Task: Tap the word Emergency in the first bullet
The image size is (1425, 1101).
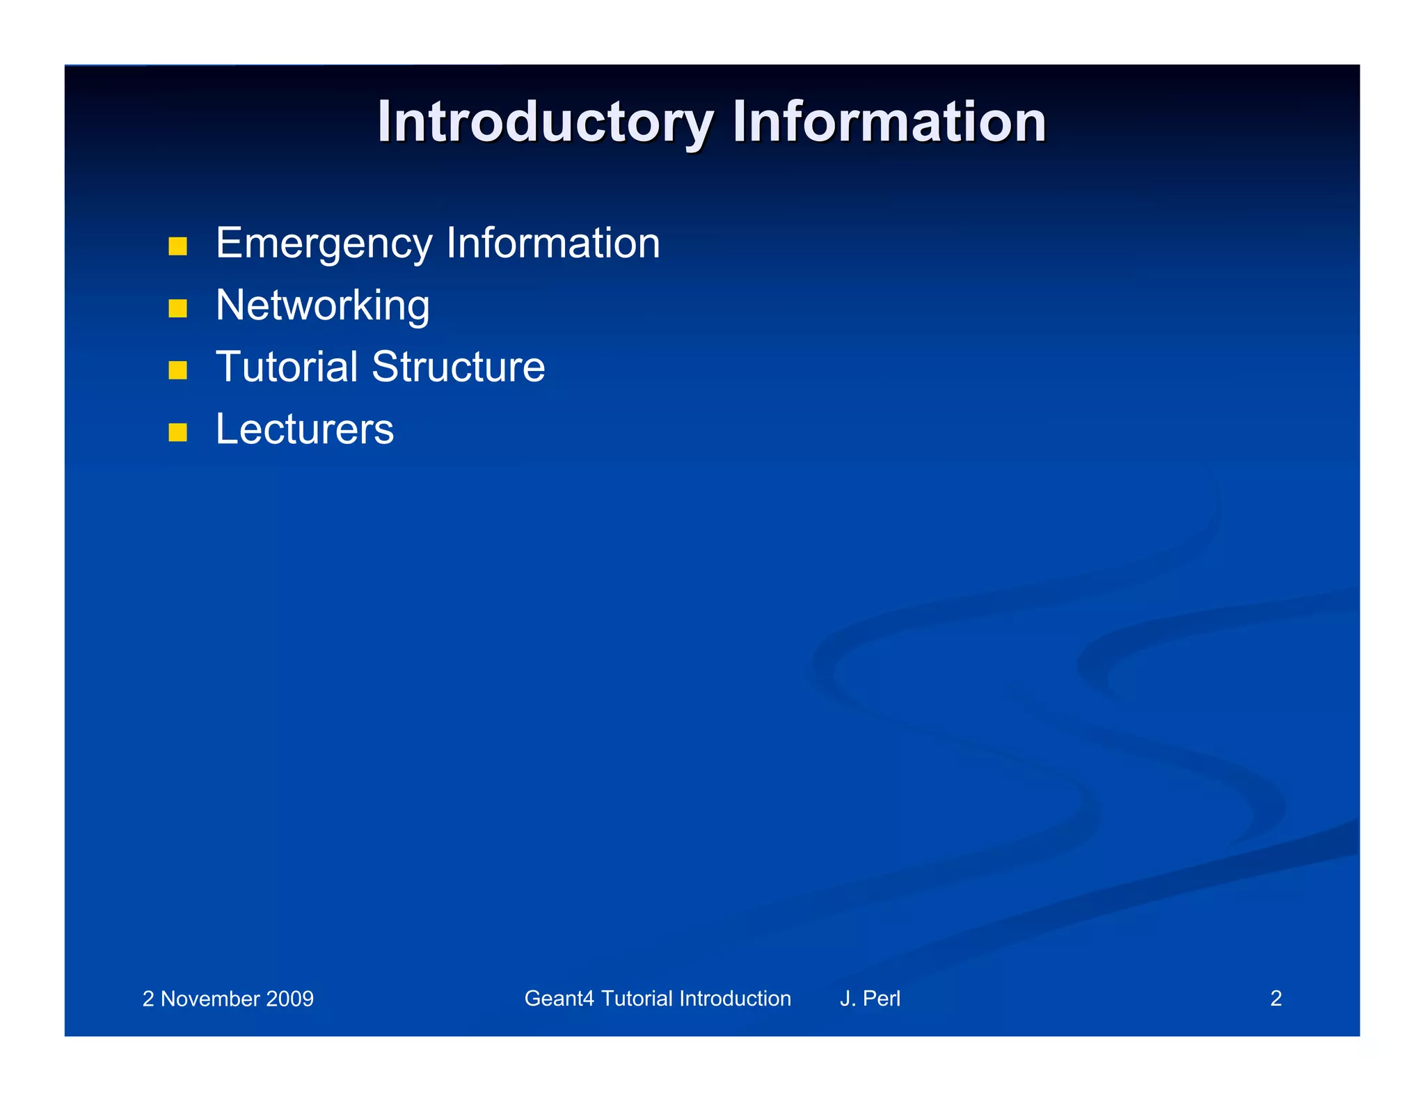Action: [x=324, y=244]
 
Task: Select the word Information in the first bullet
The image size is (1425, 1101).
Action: [x=552, y=244]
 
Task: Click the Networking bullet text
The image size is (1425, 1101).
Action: [x=322, y=306]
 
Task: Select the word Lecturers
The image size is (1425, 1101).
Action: [x=304, y=429]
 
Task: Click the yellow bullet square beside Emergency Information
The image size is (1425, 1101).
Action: [x=178, y=246]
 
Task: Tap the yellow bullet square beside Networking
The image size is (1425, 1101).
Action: [x=178, y=308]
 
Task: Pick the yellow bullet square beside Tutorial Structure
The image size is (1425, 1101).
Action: [x=178, y=370]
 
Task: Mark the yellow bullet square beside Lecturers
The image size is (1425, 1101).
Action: [x=178, y=432]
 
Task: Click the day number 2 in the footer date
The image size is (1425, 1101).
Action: [x=148, y=999]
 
